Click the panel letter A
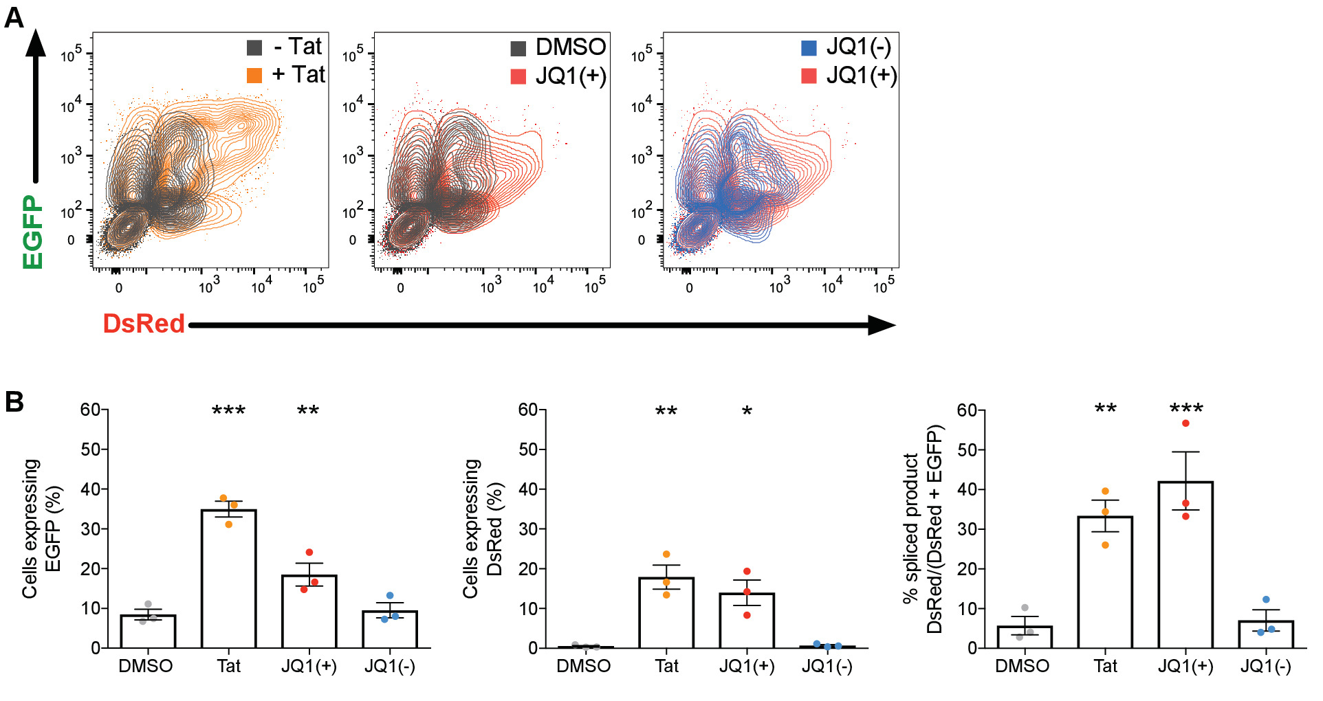click(x=14, y=17)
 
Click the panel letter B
click(x=14, y=402)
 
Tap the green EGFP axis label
click(x=32, y=232)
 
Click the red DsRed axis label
click(x=144, y=324)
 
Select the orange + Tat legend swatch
click(x=254, y=75)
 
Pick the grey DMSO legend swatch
click(x=518, y=48)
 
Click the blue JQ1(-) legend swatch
click(x=809, y=47)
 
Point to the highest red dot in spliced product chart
click(x=1185, y=423)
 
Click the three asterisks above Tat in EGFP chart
click(x=228, y=411)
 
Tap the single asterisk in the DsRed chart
click(x=747, y=412)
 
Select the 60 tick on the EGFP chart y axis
click(x=90, y=410)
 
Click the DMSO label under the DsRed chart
click(x=583, y=666)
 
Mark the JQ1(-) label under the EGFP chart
click(x=389, y=666)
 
